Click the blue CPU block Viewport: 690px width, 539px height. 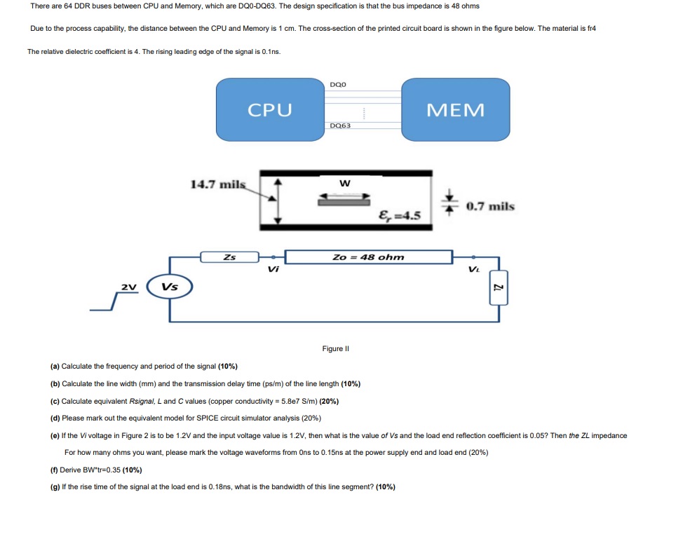point(270,110)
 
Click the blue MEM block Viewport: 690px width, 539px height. point(455,110)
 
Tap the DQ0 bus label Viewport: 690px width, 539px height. point(337,84)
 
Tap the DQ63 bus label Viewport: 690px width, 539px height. point(340,125)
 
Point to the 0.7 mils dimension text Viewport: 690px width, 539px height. point(490,206)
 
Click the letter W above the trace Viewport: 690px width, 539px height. point(344,184)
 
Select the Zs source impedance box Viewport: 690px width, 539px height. point(229,257)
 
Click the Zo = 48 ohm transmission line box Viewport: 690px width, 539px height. point(367,257)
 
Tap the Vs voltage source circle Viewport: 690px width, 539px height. point(169,287)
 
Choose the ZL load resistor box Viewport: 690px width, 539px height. point(499,287)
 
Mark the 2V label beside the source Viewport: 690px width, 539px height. point(128,287)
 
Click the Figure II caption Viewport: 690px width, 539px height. point(335,348)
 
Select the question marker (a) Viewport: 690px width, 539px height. point(55,367)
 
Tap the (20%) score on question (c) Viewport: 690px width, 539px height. point(328,401)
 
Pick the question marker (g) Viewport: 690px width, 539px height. point(55,486)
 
